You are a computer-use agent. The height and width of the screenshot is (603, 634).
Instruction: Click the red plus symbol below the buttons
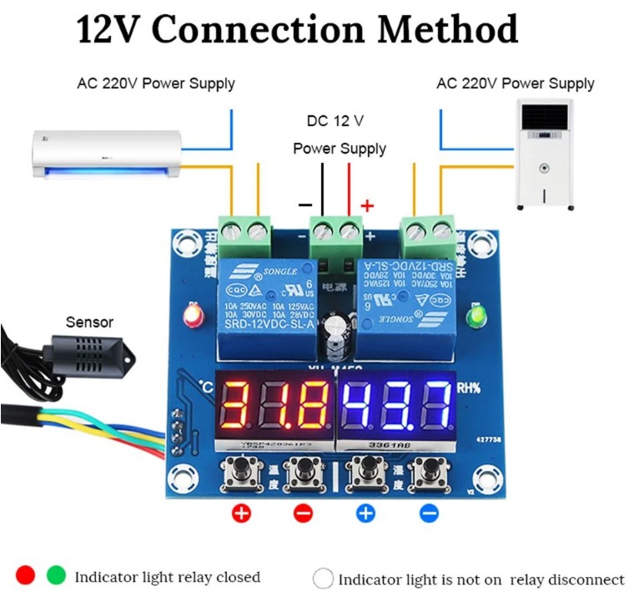point(241,513)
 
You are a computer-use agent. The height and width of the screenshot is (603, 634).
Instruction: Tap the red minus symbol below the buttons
point(304,513)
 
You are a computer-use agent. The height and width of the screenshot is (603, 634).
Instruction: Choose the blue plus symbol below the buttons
point(365,513)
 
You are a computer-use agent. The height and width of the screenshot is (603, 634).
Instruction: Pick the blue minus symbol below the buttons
point(429,513)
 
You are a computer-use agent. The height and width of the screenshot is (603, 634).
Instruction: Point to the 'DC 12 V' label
point(335,121)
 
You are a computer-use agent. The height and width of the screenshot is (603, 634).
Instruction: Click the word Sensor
point(89,322)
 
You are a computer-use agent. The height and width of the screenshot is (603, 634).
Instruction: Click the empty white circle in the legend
point(323,578)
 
